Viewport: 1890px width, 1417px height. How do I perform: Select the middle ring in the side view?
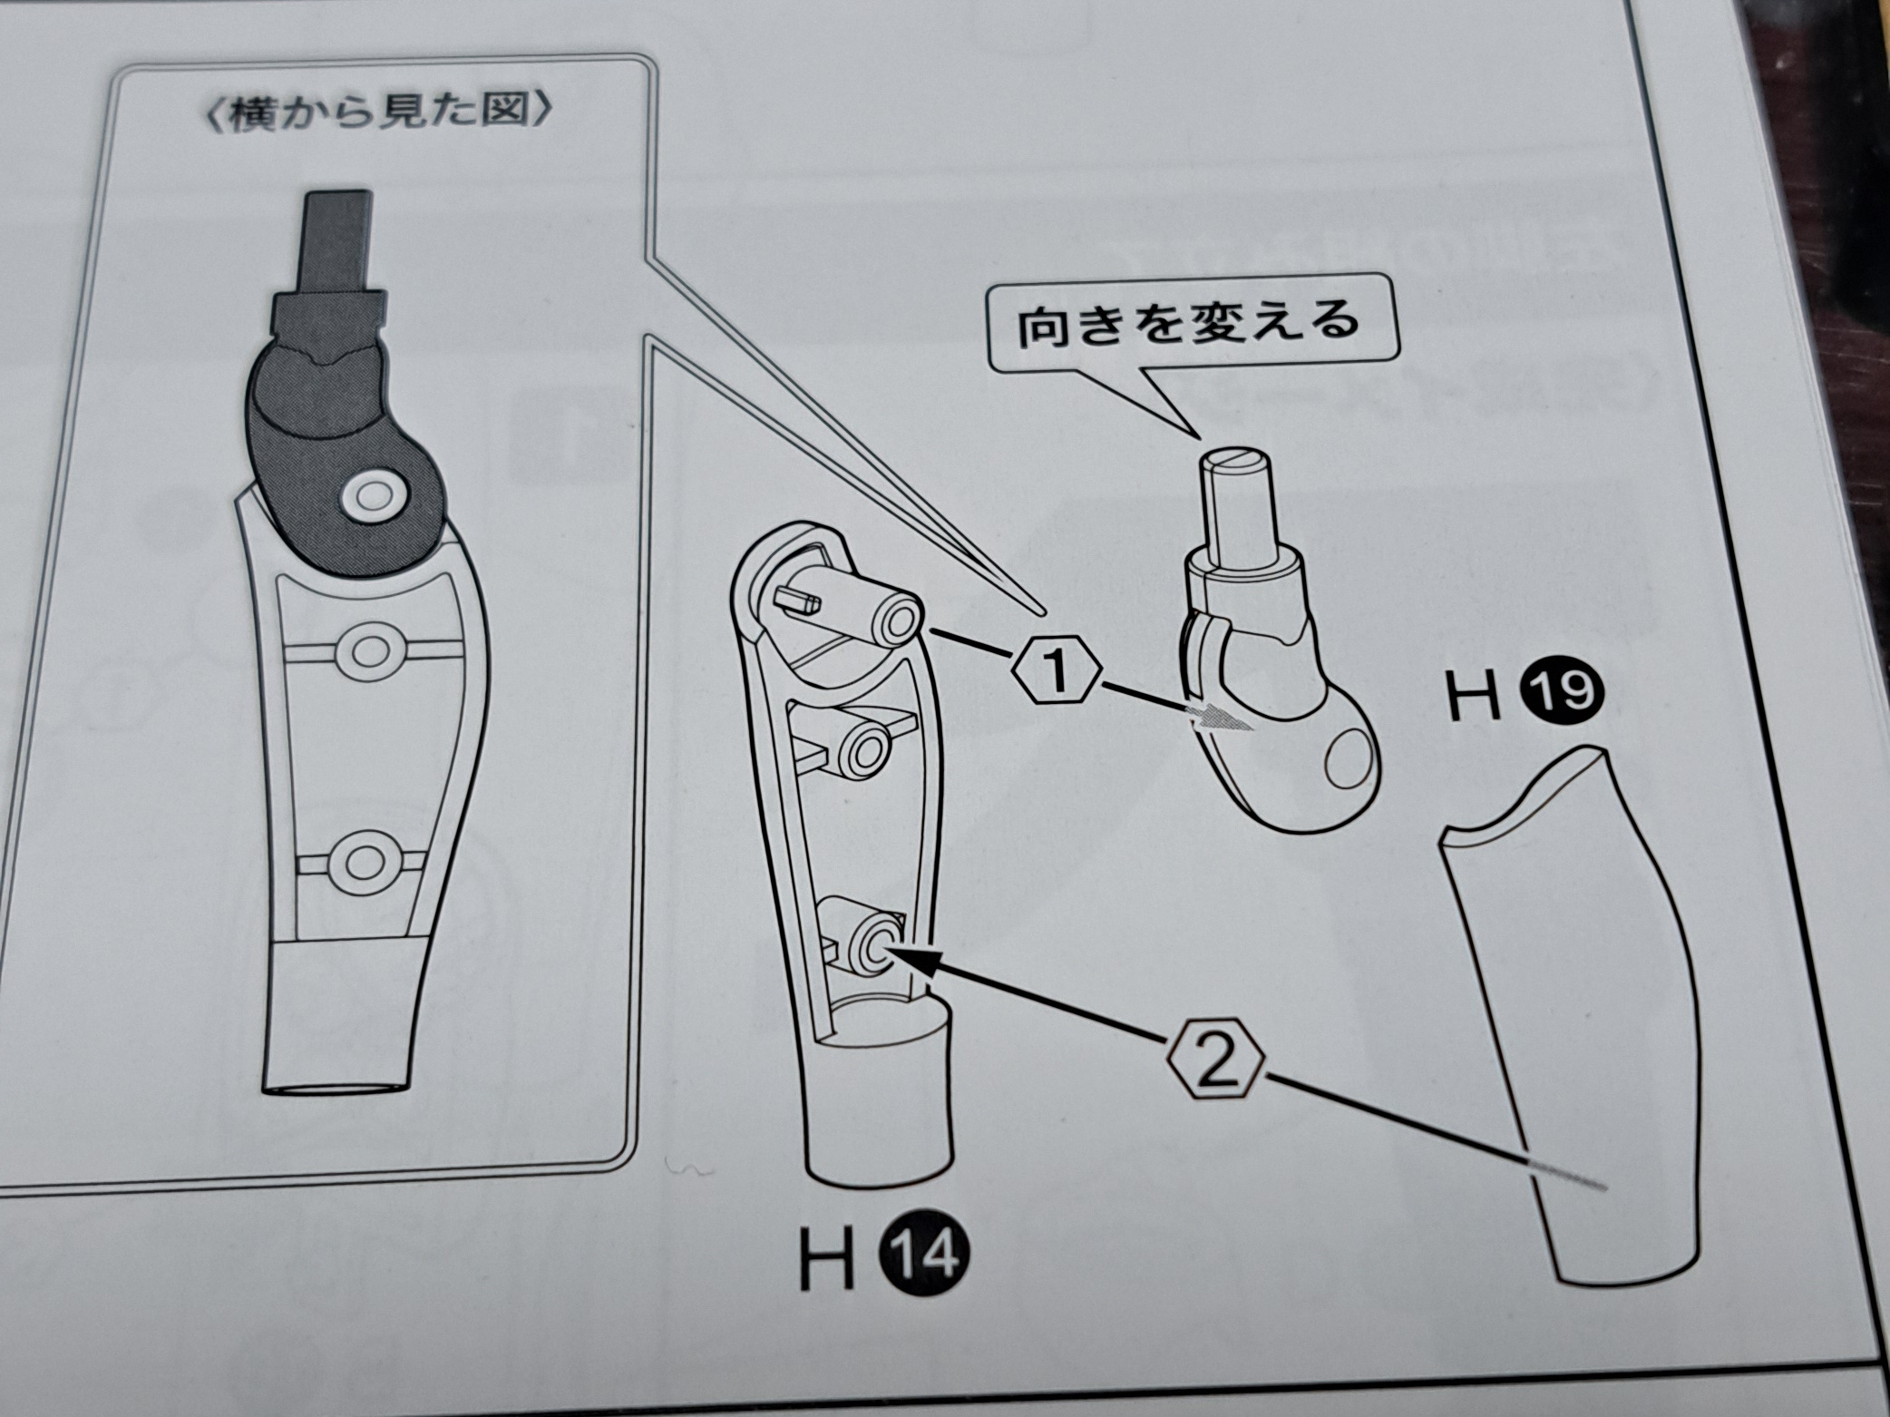coord(367,650)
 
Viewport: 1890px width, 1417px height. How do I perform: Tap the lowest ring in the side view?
coord(365,859)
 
